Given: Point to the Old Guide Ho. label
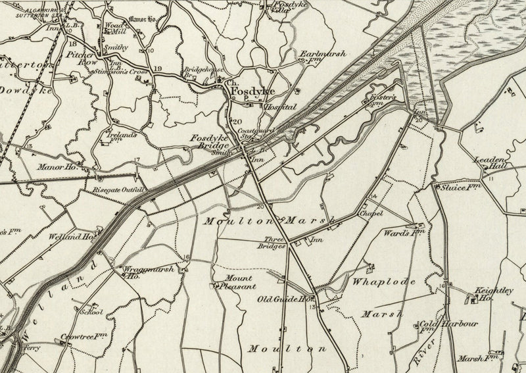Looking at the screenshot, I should click(283, 299).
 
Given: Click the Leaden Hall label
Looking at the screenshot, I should click(491, 163).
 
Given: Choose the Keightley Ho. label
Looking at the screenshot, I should click(493, 294).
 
